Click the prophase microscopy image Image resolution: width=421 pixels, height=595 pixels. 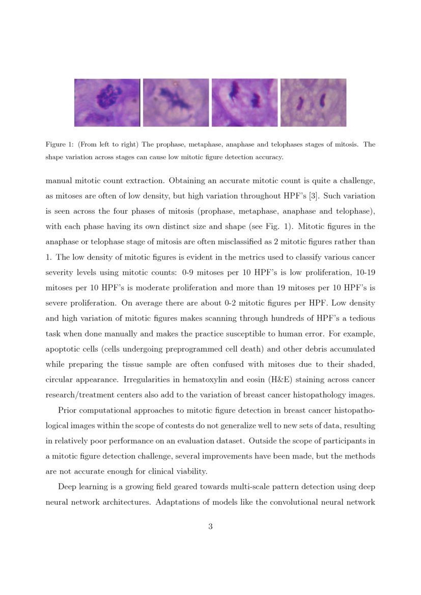tap(107, 102)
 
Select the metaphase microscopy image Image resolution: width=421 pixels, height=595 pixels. tap(176, 102)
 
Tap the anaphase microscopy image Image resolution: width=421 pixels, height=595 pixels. tap(244, 102)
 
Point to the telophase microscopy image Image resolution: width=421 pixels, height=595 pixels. tap(313, 102)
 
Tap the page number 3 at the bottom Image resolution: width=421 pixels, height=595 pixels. tap(210, 526)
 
